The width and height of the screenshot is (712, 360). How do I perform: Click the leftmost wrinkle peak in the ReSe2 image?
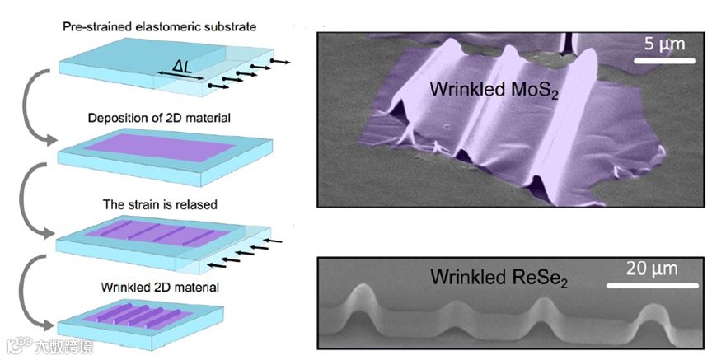[x=362, y=295]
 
